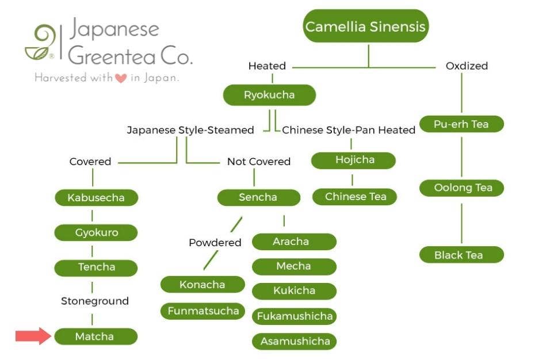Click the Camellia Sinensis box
coord(366,26)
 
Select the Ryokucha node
coord(269,95)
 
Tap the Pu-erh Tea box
coord(461,124)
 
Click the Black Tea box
coord(461,255)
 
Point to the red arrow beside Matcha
coord(33,335)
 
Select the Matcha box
coord(95,336)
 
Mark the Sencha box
coord(258,197)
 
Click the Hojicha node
coord(354,160)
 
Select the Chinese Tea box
coord(355,197)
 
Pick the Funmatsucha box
coord(202,311)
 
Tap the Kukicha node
coord(294,290)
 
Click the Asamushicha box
coord(294,341)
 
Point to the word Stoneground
coord(95,301)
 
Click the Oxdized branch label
coord(467,66)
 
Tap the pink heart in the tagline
coord(121,79)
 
